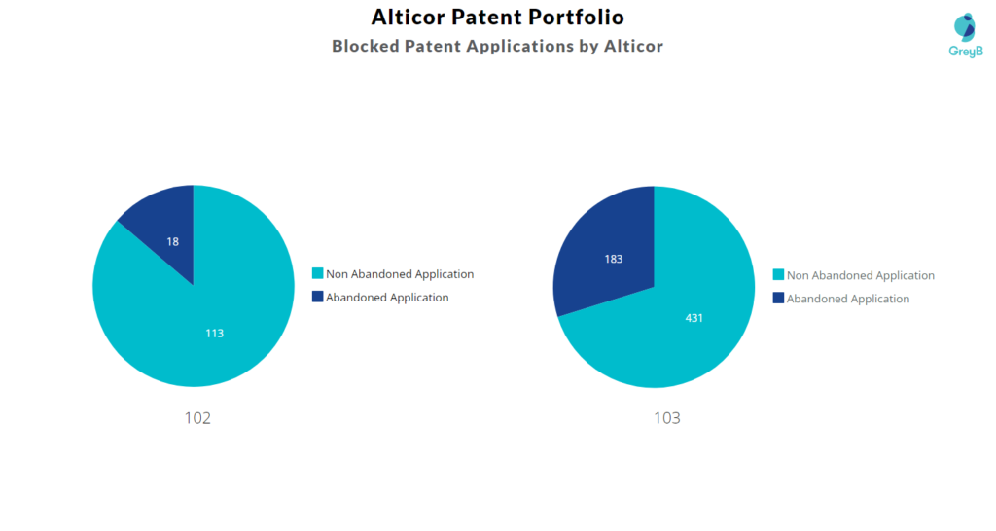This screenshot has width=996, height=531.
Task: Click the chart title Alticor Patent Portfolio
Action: pyautogui.click(x=497, y=18)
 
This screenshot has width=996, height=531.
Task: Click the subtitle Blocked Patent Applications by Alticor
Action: pyautogui.click(x=497, y=47)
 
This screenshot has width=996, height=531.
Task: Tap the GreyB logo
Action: pyautogui.click(x=966, y=36)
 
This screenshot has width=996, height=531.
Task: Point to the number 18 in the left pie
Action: pyautogui.click(x=173, y=242)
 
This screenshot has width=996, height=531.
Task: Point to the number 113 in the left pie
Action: pyautogui.click(x=214, y=334)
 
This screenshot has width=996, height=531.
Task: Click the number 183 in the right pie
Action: pyautogui.click(x=614, y=259)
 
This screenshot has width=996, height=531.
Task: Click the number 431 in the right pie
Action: pyautogui.click(x=694, y=318)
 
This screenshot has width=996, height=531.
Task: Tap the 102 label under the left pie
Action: pyautogui.click(x=197, y=418)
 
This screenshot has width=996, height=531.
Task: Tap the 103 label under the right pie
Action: pyautogui.click(x=667, y=418)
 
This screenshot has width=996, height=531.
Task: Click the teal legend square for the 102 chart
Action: pyautogui.click(x=318, y=273)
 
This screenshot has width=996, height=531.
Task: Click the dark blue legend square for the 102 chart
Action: pyautogui.click(x=318, y=297)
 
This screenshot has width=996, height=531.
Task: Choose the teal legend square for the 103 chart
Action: pyautogui.click(x=778, y=275)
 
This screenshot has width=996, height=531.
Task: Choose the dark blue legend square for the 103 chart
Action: pyautogui.click(x=778, y=298)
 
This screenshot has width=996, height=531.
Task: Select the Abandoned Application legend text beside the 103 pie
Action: pyautogui.click(x=848, y=299)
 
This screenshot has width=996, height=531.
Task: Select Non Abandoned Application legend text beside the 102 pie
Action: pyautogui.click(x=400, y=274)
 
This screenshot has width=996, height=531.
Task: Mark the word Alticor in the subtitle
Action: pyautogui.click(x=633, y=47)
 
